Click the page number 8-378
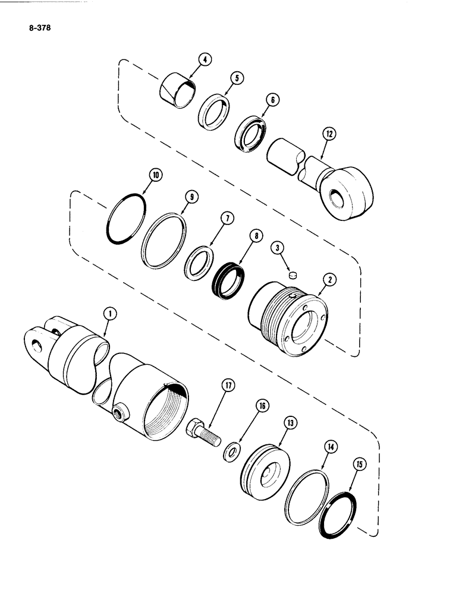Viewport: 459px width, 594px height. (37, 27)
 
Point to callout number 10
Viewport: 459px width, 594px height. (156, 175)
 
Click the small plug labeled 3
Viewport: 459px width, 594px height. (292, 274)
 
